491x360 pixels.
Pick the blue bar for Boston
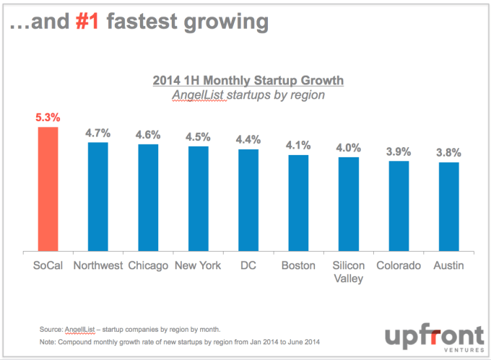coord(298,203)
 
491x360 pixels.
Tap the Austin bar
coord(448,206)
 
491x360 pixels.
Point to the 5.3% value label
coord(47,115)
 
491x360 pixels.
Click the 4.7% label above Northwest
coord(97,132)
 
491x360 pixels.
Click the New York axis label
coord(198,265)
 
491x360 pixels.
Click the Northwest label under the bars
coord(97,265)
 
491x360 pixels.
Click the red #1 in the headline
coord(93,22)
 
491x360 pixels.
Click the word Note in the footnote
coord(48,341)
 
